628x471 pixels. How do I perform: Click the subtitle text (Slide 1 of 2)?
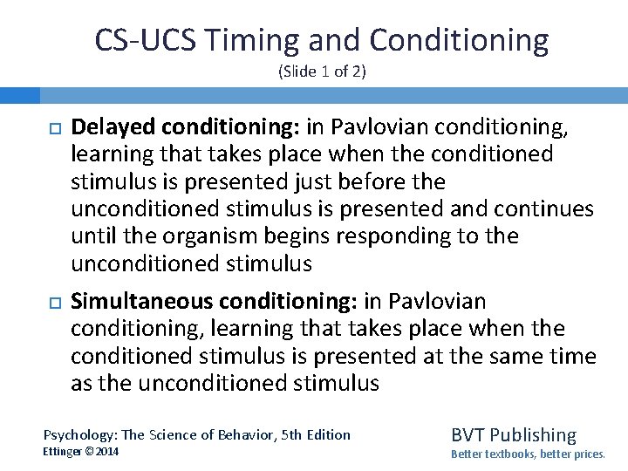[322, 72]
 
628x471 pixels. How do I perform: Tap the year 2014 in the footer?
[107, 452]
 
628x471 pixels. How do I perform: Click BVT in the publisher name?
[468, 434]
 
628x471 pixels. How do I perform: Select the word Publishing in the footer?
[533, 434]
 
